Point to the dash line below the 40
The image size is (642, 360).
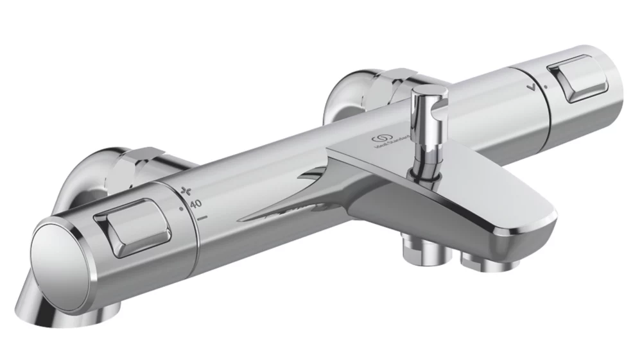[203, 218]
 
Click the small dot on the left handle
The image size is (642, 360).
[182, 208]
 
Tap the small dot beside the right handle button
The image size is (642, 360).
[546, 85]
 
